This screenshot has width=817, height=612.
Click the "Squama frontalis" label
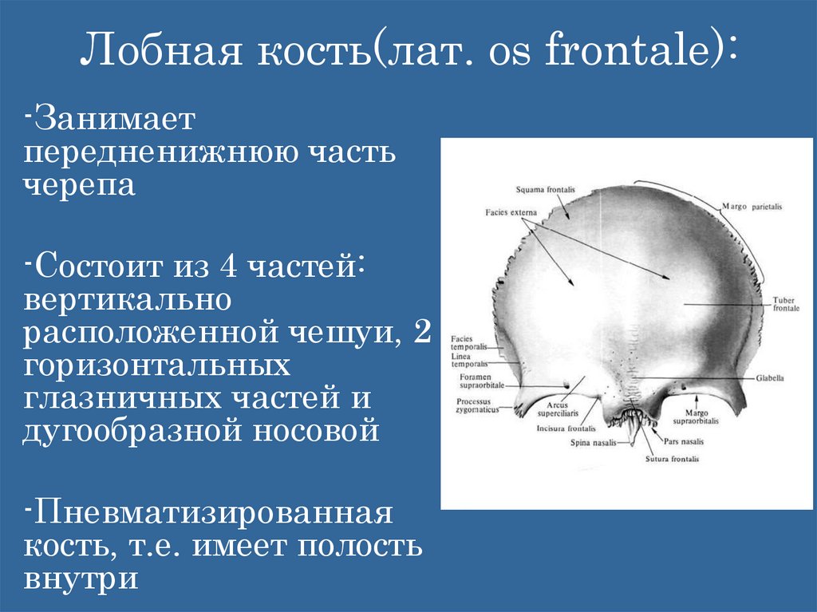(x=544, y=190)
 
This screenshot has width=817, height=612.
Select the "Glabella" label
(x=770, y=377)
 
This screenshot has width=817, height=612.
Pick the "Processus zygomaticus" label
(x=477, y=405)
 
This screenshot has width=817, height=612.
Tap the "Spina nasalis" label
(x=593, y=442)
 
